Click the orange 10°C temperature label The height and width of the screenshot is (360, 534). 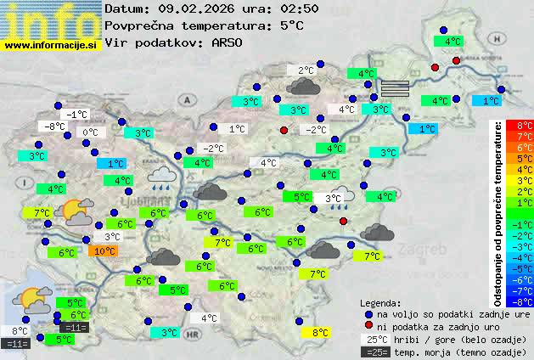tap(104, 251)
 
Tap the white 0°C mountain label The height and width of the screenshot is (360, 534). tap(90, 132)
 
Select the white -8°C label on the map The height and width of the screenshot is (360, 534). tap(56, 127)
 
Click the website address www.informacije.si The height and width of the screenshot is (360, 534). tap(51, 45)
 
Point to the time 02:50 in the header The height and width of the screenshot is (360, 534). tap(278, 8)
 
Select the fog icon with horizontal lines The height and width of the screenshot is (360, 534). tap(395, 87)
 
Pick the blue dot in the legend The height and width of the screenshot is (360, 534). tap(368, 313)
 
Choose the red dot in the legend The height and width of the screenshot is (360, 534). tap(368, 325)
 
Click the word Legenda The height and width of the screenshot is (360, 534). tap(380, 302)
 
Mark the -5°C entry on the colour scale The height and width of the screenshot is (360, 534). tap(525, 268)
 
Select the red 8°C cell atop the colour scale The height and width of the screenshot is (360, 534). tap(525, 125)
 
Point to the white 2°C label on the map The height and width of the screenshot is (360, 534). tap(306, 70)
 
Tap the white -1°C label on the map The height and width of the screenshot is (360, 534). tap(78, 115)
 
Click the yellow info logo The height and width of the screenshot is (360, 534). tap(51, 19)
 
